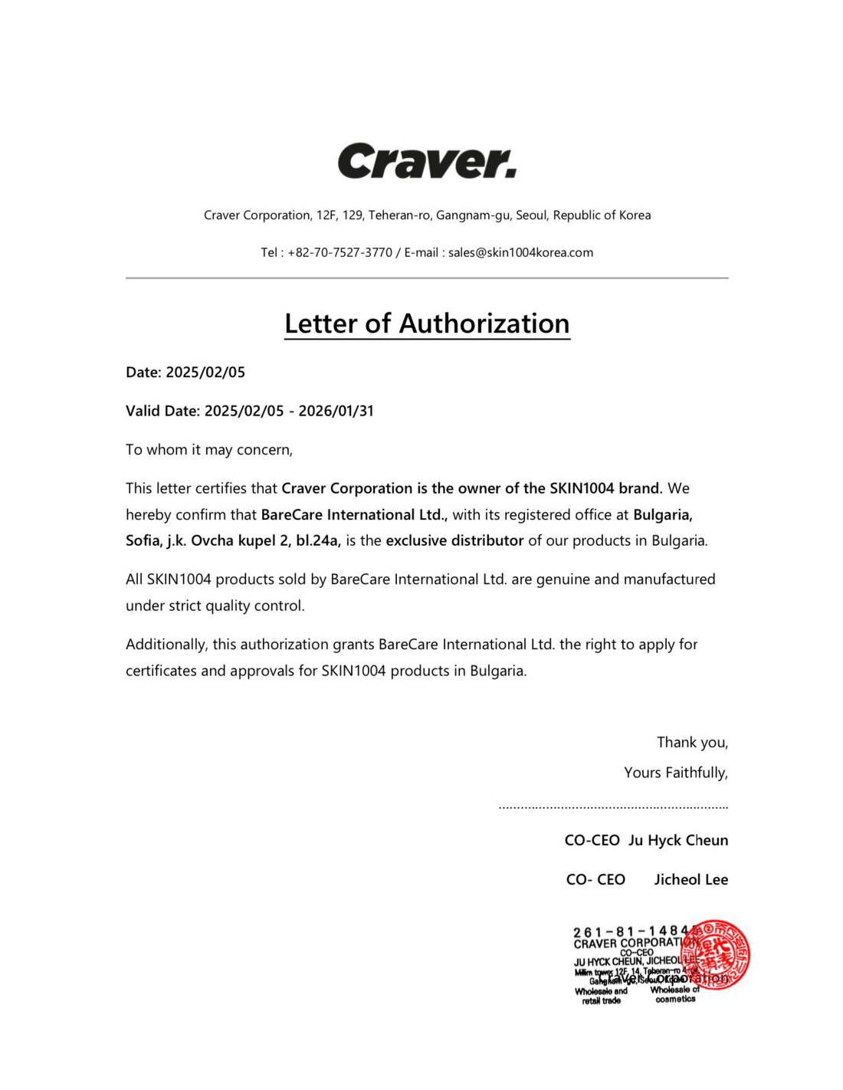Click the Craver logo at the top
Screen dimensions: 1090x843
[x=427, y=161]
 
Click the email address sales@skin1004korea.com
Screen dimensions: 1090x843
[x=520, y=252]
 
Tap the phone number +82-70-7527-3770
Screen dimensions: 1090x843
[x=339, y=252]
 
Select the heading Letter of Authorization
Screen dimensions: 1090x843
[x=427, y=323]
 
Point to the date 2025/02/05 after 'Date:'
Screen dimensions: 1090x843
[x=205, y=373]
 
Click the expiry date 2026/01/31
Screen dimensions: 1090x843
[x=336, y=411]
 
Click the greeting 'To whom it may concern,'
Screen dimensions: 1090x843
[x=209, y=450]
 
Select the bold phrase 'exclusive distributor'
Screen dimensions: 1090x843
[x=454, y=540]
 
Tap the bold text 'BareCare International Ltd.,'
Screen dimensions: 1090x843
[x=354, y=514]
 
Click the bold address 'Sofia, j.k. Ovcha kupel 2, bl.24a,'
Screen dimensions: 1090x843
[x=233, y=540]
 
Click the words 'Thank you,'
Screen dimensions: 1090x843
[x=692, y=742]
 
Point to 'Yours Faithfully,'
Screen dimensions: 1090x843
[x=675, y=773]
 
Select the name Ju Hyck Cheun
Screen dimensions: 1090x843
[x=677, y=840]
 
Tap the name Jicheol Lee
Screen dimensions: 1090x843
[x=690, y=879]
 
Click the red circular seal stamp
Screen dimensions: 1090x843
[x=717, y=955]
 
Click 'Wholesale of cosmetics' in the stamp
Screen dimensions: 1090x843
[x=675, y=994]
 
